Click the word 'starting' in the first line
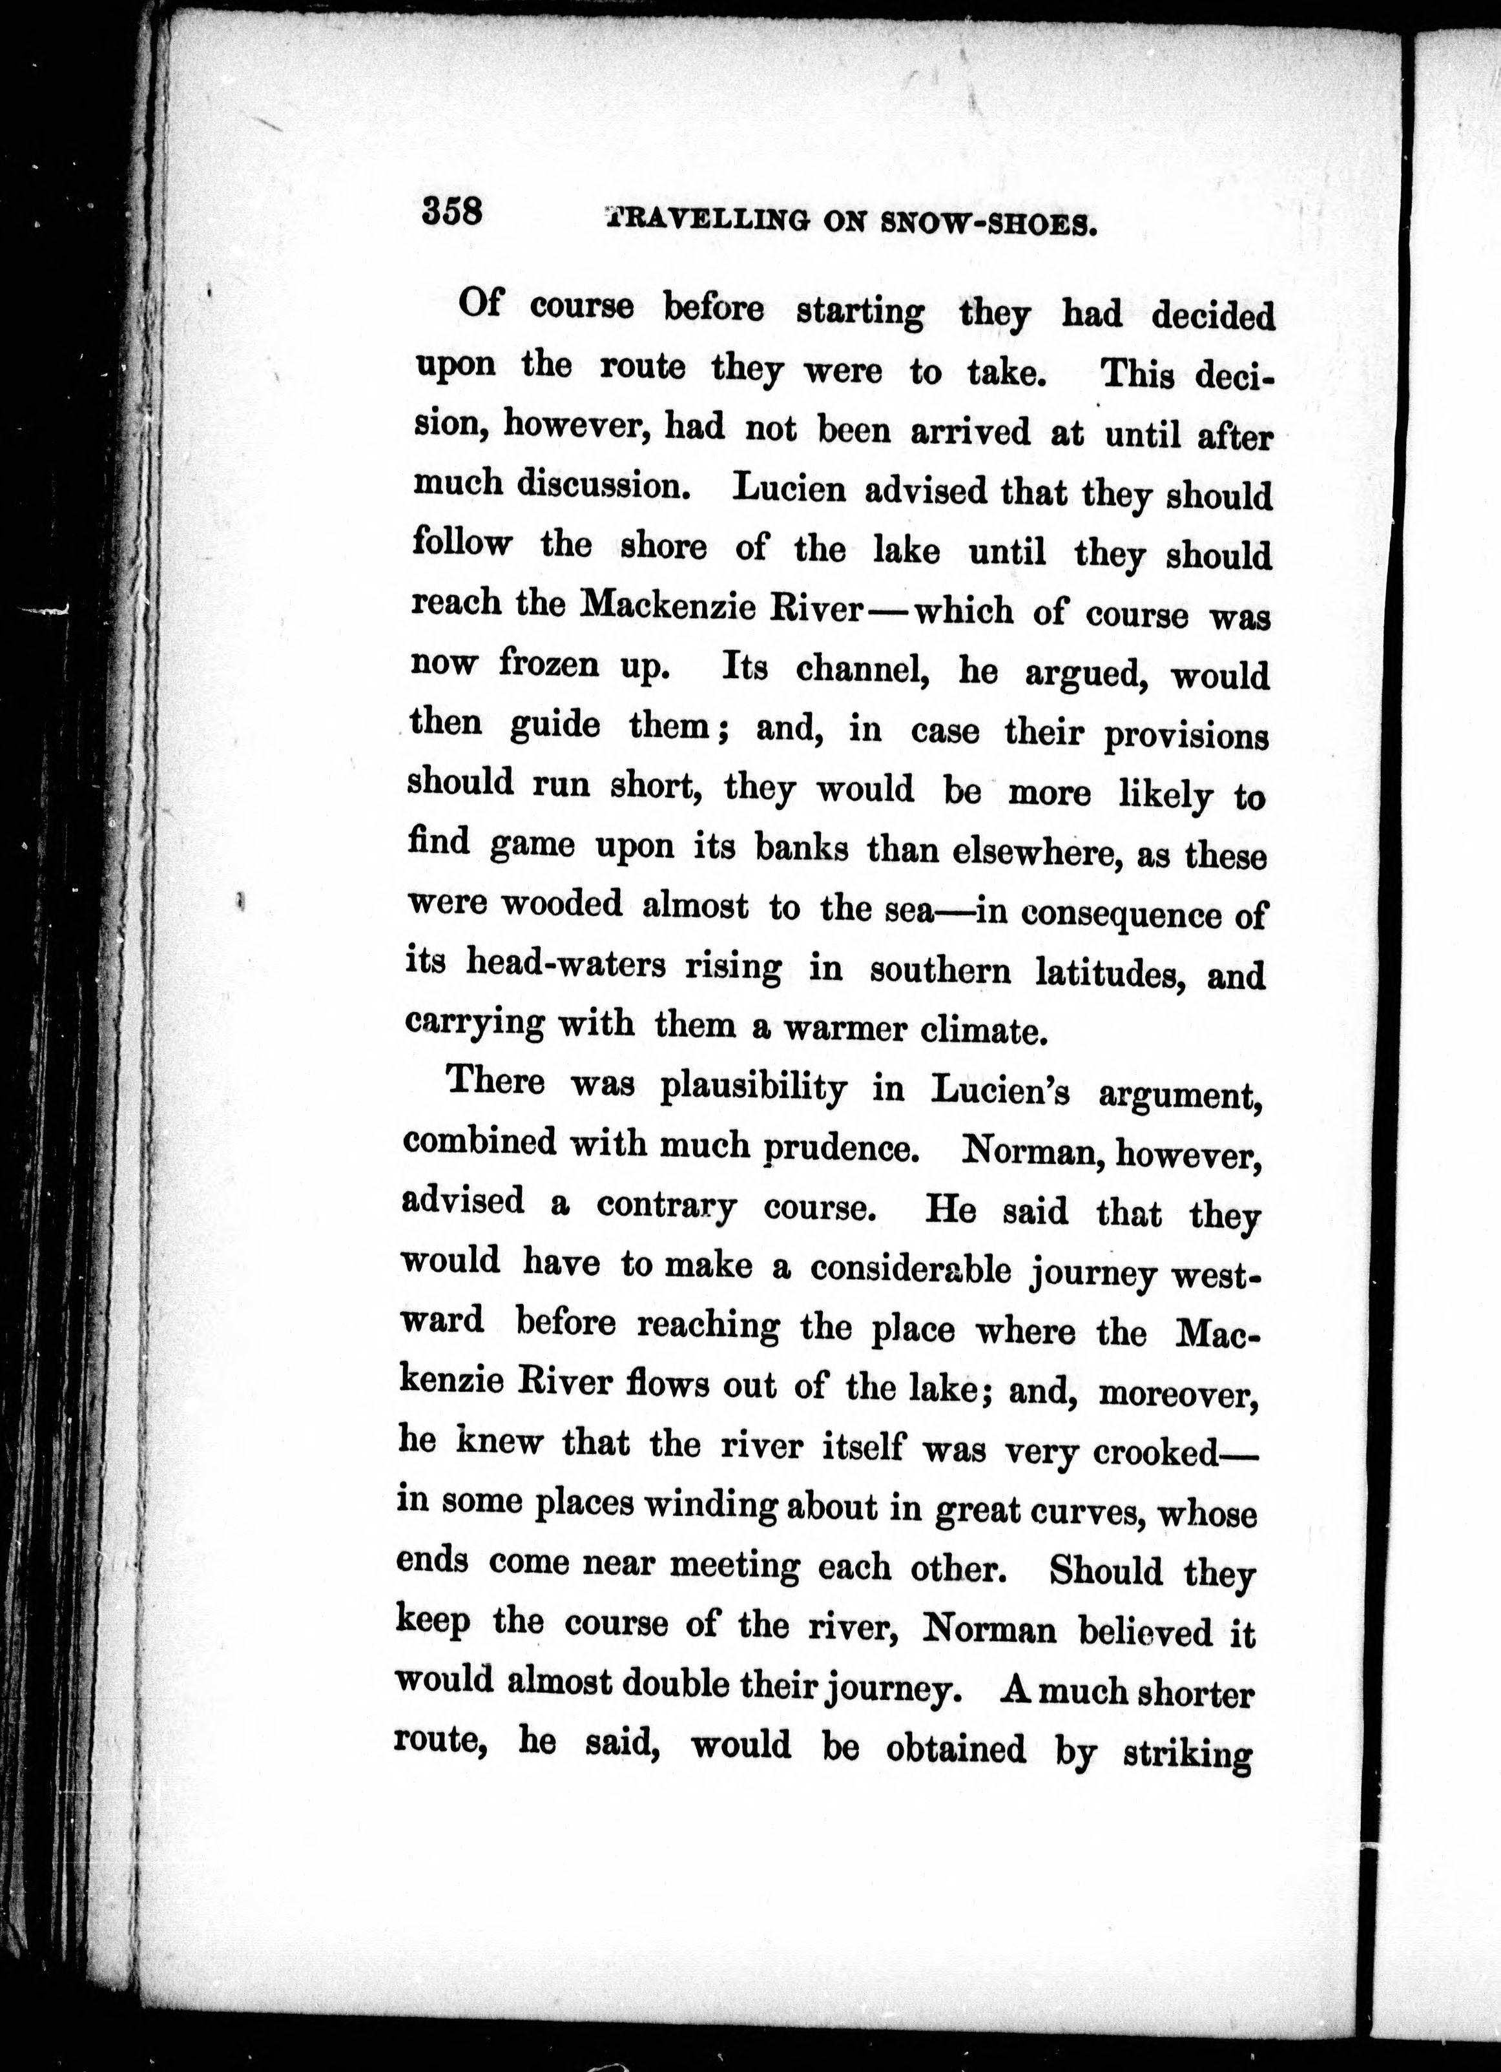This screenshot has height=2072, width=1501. pos(860,313)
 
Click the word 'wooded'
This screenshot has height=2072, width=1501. pos(562,904)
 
